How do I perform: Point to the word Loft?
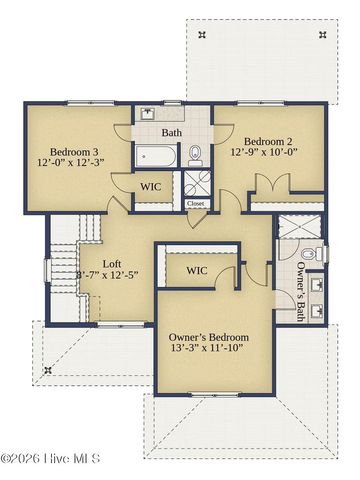tap(113, 266)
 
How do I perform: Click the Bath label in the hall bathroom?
tap(171, 132)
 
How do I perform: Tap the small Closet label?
tap(196, 204)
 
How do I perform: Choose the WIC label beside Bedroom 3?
tap(151, 186)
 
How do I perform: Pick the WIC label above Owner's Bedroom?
tap(197, 270)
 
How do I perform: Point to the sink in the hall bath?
tap(147, 113)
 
